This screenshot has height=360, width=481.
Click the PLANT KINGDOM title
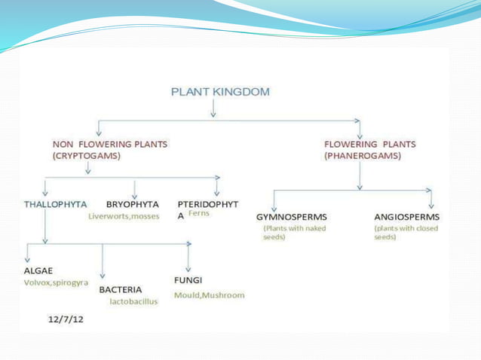(x=220, y=93)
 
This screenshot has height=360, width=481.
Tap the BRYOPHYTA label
(x=132, y=203)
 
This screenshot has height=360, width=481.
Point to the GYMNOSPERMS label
(x=291, y=217)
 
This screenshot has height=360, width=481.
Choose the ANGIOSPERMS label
(x=407, y=217)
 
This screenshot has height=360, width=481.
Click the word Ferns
(x=198, y=214)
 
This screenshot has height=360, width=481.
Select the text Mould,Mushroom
(x=209, y=294)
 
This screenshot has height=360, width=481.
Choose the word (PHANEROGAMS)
(x=362, y=156)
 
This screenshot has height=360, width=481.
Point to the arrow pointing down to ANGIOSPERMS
(x=430, y=199)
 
